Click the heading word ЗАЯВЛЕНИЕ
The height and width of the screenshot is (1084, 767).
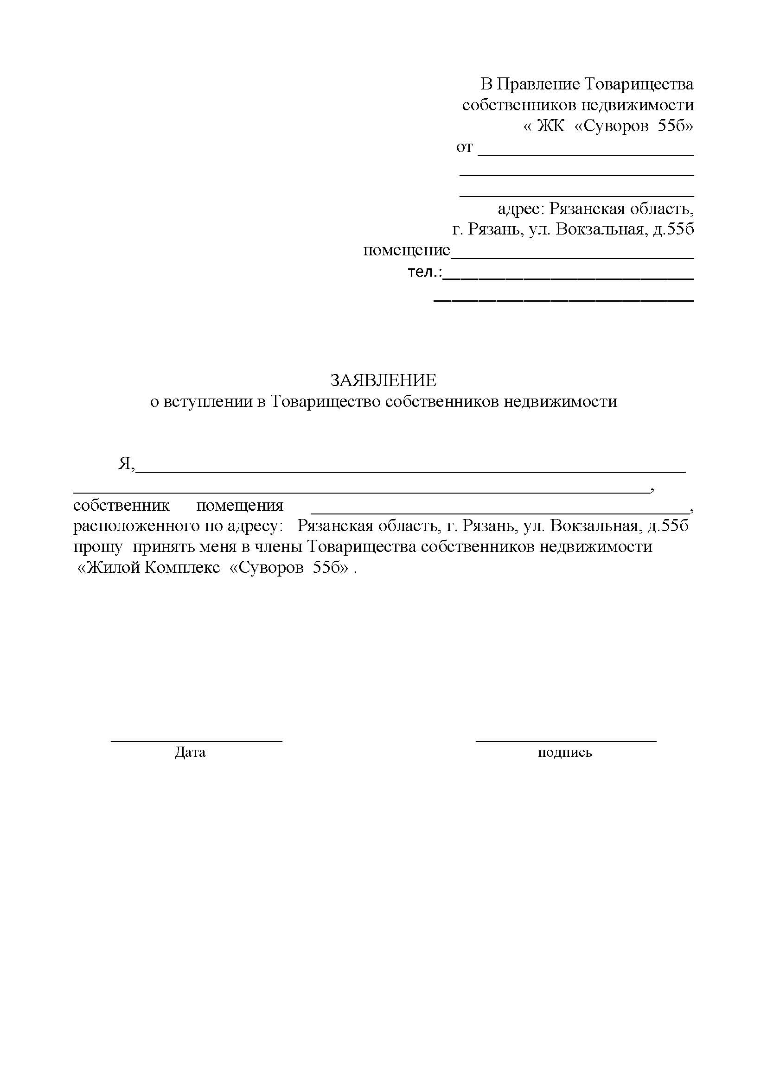coord(383,380)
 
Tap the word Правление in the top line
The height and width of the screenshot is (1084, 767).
coord(538,84)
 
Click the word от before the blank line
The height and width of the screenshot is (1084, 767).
coord(464,147)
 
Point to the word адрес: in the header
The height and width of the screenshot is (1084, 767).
coord(521,209)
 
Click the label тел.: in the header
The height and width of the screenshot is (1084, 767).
coord(425,272)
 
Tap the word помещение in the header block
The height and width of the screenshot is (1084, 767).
coord(407,250)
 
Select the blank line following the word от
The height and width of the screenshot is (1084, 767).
coord(586,154)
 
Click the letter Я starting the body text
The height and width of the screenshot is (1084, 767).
coord(125,464)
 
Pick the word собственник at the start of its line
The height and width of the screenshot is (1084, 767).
coord(121,506)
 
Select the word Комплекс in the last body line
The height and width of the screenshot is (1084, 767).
coord(182,568)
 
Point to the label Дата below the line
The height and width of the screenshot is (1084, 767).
coord(190,752)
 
